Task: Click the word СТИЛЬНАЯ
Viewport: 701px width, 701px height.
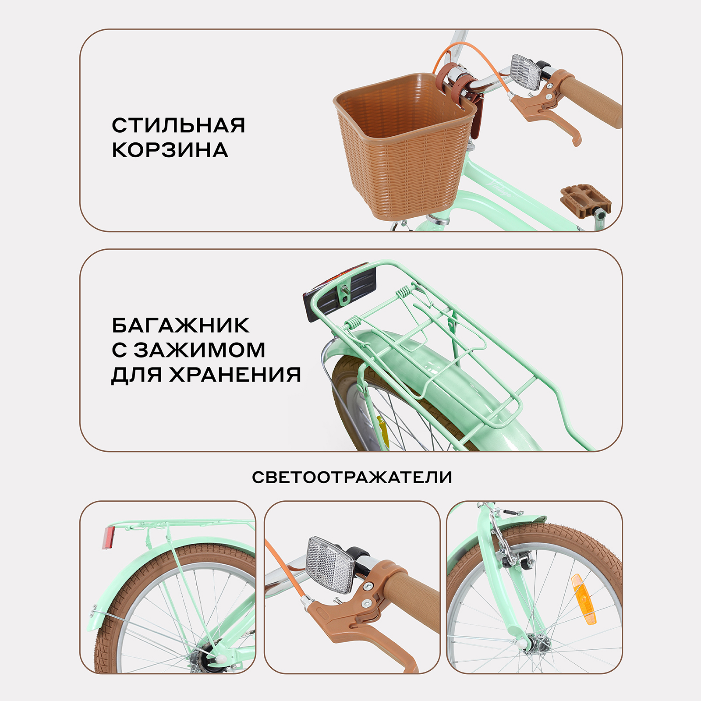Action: [x=178, y=126]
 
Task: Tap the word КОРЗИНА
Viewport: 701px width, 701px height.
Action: [x=170, y=150]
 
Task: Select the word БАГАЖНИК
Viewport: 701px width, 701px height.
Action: [x=180, y=326]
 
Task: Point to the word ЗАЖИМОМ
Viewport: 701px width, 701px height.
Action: [x=199, y=350]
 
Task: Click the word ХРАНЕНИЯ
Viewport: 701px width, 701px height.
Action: [x=235, y=375]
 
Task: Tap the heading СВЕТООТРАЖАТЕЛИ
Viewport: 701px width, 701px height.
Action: [x=352, y=477]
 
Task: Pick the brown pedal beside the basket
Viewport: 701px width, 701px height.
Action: [x=584, y=201]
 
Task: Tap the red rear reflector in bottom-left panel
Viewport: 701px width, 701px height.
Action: [x=108, y=538]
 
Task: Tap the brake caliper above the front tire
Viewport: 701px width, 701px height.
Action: [x=508, y=548]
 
